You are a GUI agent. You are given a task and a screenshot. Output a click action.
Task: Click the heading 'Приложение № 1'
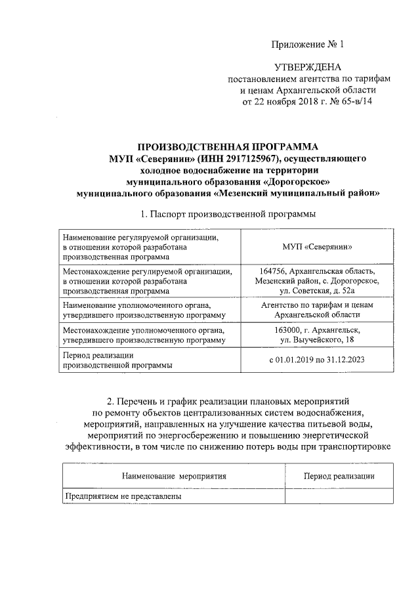click(308, 45)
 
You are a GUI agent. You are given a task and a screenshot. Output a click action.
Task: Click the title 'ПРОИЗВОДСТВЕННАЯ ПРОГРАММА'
click(227, 146)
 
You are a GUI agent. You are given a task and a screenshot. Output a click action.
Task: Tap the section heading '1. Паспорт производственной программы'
click(228, 214)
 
